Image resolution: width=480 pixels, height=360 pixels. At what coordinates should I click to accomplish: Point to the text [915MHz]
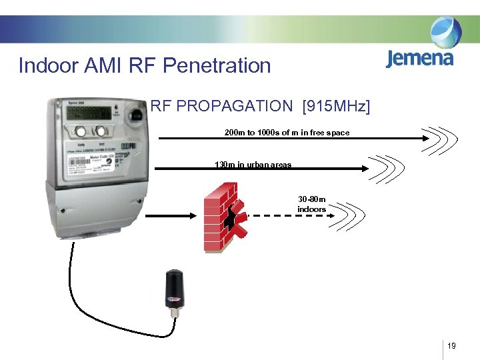[336, 106]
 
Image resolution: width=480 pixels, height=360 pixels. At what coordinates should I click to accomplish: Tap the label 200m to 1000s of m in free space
[287, 133]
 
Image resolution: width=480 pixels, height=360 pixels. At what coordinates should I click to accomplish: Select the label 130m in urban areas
[253, 164]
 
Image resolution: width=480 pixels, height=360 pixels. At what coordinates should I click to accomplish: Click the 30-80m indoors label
[311, 204]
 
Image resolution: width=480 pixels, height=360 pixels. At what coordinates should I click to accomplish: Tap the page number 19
[452, 346]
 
